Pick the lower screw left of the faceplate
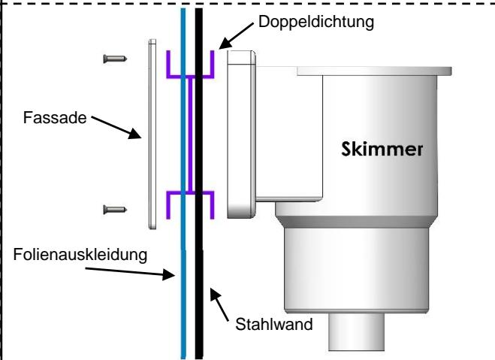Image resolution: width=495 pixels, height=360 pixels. [113, 210]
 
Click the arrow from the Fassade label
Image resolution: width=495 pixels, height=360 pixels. [113, 127]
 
